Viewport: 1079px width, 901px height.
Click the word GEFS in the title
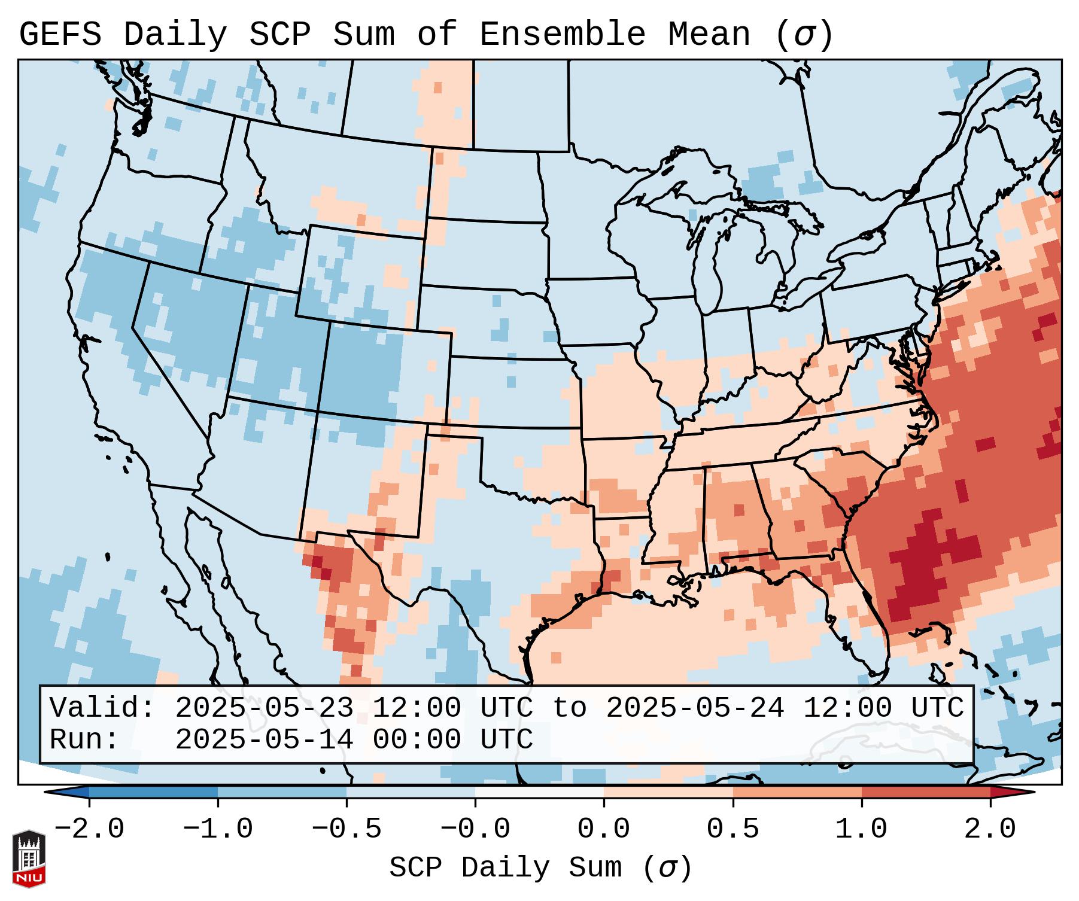pos(60,35)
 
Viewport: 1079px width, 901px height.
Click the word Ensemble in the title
pos(563,35)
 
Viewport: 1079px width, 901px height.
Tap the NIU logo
pos(29,859)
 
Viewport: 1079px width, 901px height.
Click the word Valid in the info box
pos(102,708)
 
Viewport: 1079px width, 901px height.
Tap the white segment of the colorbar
pos(539,792)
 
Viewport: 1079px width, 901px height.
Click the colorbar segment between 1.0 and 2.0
pos(925,792)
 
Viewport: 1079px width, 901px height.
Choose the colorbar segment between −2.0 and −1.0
pos(153,792)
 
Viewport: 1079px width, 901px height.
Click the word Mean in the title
pos(709,35)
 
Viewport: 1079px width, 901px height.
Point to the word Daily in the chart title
pos(175,35)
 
